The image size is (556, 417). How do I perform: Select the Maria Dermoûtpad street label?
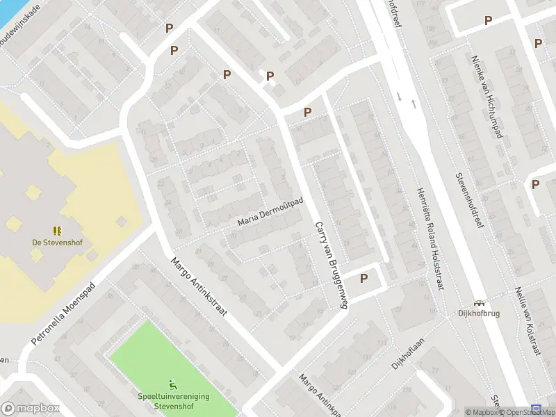(271, 213)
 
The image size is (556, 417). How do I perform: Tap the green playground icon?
(172, 384)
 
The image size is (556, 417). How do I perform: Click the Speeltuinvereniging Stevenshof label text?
(174, 401)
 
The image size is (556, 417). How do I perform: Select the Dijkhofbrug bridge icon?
(479, 302)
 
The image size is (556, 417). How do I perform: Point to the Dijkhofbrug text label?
(479, 313)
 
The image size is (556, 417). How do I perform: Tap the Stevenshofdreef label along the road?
(468, 204)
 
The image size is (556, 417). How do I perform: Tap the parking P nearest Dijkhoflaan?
(363, 278)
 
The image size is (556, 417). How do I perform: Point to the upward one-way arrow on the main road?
(414, 104)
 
